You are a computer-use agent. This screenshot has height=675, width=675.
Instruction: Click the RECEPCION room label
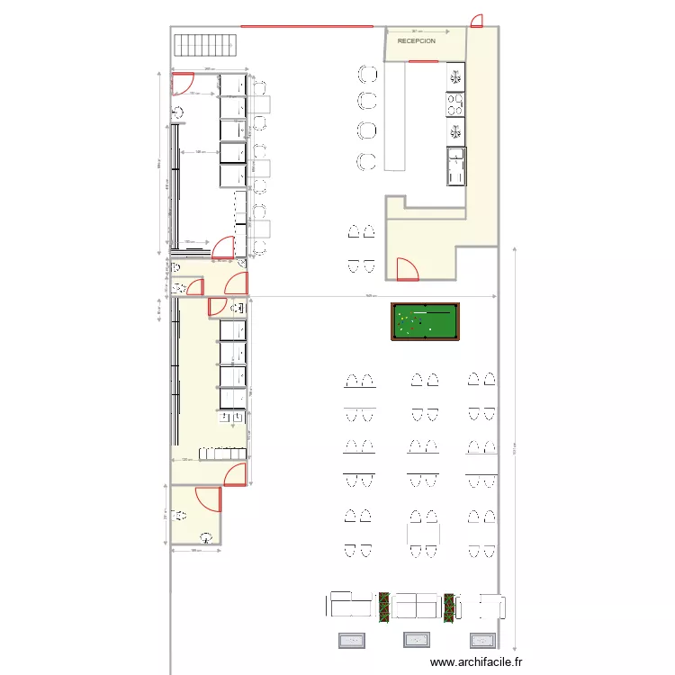click(x=417, y=41)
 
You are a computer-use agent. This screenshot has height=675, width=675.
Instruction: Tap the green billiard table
click(x=425, y=321)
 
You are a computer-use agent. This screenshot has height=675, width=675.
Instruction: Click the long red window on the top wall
click(x=306, y=27)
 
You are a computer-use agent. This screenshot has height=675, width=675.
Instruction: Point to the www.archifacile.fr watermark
click(x=476, y=662)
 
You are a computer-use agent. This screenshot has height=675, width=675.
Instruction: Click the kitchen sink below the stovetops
click(x=456, y=166)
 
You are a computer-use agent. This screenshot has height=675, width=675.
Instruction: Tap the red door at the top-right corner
click(x=477, y=21)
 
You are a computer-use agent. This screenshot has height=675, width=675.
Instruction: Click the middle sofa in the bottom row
click(x=417, y=604)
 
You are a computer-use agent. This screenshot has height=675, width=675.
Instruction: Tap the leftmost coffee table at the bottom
click(x=352, y=641)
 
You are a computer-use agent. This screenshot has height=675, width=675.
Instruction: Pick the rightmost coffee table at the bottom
click(x=481, y=641)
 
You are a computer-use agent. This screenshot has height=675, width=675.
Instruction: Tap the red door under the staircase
click(x=183, y=83)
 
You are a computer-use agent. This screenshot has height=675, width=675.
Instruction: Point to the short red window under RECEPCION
click(x=422, y=61)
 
